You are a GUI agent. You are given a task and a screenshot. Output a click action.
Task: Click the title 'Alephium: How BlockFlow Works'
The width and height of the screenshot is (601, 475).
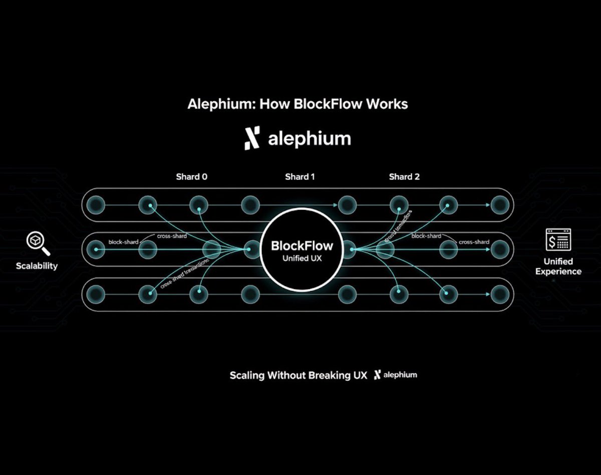(x=297, y=104)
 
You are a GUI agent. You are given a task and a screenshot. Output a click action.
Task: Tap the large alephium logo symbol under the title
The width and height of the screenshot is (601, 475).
(x=252, y=138)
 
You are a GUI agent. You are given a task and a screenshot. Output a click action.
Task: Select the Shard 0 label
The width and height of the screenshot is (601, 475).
(x=191, y=177)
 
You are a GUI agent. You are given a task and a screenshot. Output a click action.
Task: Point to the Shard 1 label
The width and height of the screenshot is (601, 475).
(x=300, y=177)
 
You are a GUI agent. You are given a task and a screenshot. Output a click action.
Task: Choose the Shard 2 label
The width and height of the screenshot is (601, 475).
(x=404, y=177)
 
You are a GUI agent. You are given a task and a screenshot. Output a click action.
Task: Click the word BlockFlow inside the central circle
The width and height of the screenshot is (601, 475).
(x=302, y=246)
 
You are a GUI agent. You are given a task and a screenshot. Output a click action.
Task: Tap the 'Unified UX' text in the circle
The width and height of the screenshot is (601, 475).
(x=302, y=258)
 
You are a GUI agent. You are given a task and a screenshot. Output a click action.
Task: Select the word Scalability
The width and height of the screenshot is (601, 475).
(x=37, y=266)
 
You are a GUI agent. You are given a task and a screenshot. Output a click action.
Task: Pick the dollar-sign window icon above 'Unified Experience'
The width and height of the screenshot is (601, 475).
(x=558, y=240)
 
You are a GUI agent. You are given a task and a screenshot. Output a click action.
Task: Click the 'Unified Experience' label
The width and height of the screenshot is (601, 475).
(x=558, y=266)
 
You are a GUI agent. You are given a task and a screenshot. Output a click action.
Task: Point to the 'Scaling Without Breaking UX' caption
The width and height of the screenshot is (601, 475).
(x=298, y=375)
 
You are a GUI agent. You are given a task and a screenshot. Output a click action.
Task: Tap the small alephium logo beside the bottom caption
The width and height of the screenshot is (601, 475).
(x=396, y=375)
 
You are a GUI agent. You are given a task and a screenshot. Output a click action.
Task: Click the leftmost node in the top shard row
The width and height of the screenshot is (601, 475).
(x=96, y=204)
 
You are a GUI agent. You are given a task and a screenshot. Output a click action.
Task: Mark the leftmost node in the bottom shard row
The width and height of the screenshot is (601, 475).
(x=96, y=294)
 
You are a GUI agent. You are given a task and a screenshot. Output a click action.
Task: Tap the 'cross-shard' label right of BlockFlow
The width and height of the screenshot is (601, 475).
(x=474, y=242)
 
